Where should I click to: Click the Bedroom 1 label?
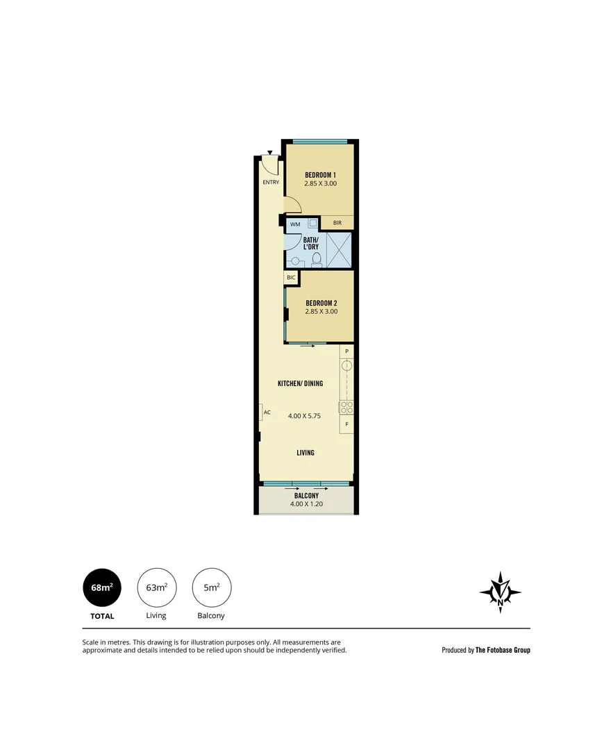tap(320, 174)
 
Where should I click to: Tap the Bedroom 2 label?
tap(320, 303)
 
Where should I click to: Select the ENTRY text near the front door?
tap(270, 183)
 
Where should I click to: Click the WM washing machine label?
tap(295, 224)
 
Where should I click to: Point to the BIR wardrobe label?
tap(337, 223)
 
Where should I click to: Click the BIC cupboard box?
tap(291, 277)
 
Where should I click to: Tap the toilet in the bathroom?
tap(317, 260)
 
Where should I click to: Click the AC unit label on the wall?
tap(266, 412)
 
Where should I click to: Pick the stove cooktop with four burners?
tap(346, 408)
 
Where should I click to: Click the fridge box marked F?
tap(346, 424)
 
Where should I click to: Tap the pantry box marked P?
tap(346, 352)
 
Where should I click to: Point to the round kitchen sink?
tap(346, 366)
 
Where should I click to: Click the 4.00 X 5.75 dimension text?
tap(305, 416)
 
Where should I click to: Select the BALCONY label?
tap(305, 495)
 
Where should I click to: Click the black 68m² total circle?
tap(102, 587)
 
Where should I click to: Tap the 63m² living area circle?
tap(157, 587)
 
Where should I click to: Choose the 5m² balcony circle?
tap(212, 587)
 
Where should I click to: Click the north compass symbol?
tap(500, 592)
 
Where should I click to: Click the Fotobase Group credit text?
tap(486, 651)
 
